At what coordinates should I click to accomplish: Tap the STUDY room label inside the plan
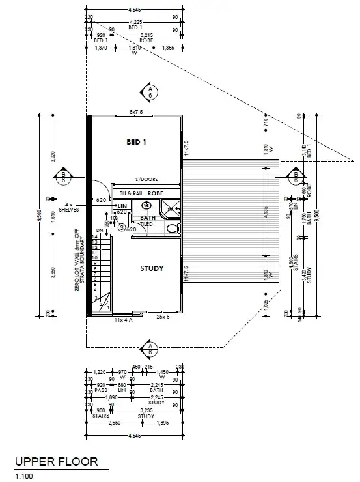click(151, 268)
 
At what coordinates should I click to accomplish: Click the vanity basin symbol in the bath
click(146, 205)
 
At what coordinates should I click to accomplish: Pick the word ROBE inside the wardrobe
click(154, 193)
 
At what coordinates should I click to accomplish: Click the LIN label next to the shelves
click(121, 206)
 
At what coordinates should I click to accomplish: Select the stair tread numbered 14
click(94, 236)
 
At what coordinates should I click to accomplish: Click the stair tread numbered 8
click(94, 268)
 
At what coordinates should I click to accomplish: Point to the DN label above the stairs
click(99, 230)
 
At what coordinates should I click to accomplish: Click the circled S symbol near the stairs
click(121, 227)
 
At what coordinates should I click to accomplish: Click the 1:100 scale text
click(24, 476)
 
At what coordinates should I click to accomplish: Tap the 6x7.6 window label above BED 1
click(136, 112)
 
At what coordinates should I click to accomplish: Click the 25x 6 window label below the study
click(163, 318)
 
